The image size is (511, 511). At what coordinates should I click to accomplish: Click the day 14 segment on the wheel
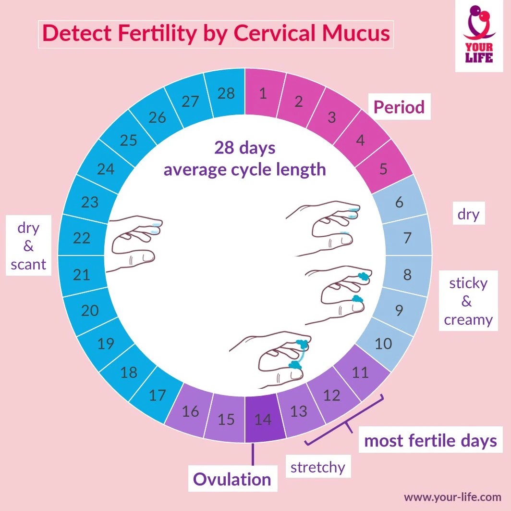point(262,419)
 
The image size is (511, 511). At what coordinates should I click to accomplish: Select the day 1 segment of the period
point(263,93)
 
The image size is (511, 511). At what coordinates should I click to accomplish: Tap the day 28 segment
point(226,93)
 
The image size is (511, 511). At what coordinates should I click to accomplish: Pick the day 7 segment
point(407,237)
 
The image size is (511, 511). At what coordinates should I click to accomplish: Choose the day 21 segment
point(82,274)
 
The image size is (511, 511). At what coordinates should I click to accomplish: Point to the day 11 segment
point(360,372)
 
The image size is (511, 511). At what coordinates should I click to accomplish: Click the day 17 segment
point(158,396)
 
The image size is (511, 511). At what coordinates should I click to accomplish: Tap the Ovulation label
point(232,479)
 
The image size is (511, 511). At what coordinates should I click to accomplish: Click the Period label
point(399,107)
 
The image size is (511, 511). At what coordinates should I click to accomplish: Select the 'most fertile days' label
point(430,440)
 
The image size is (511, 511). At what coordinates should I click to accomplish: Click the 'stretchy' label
point(318,467)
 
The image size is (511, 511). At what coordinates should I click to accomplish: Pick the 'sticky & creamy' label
point(468,301)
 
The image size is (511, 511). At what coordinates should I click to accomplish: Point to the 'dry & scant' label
point(28,245)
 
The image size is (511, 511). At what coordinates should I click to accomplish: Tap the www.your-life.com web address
point(453,497)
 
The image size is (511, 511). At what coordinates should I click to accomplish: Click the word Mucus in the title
point(356,33)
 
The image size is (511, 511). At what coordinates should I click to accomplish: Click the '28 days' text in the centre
point(245,147)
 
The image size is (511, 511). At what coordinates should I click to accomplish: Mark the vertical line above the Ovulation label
point(253,454)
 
